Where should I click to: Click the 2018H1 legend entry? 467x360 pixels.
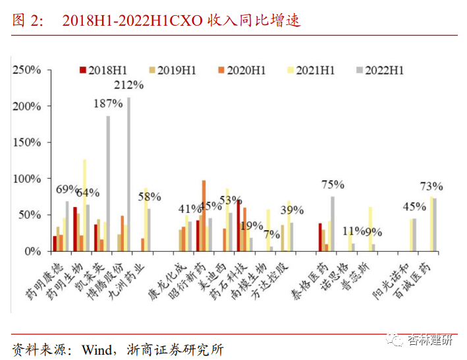(x=104, y=70)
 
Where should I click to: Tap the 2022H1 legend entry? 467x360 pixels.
(x=379, y=70)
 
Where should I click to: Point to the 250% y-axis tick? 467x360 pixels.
(x=27, y=70)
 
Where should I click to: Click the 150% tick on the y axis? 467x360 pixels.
(x=27, y=142)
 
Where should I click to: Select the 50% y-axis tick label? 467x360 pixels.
(x=30, y=215)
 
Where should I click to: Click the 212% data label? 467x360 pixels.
(x=129, y=84)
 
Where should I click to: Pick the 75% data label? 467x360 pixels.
(x=333, y=185)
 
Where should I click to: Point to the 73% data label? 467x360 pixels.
(x=432, y=187)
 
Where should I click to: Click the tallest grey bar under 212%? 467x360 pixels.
(x=129, y=175)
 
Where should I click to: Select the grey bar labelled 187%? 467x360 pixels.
(x=108, y=184)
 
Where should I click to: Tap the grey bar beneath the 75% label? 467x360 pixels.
(x=333, y=224)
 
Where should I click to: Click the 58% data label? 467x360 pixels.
(x=150, y=196)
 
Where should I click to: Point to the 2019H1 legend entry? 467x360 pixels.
(x=172, y=70)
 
